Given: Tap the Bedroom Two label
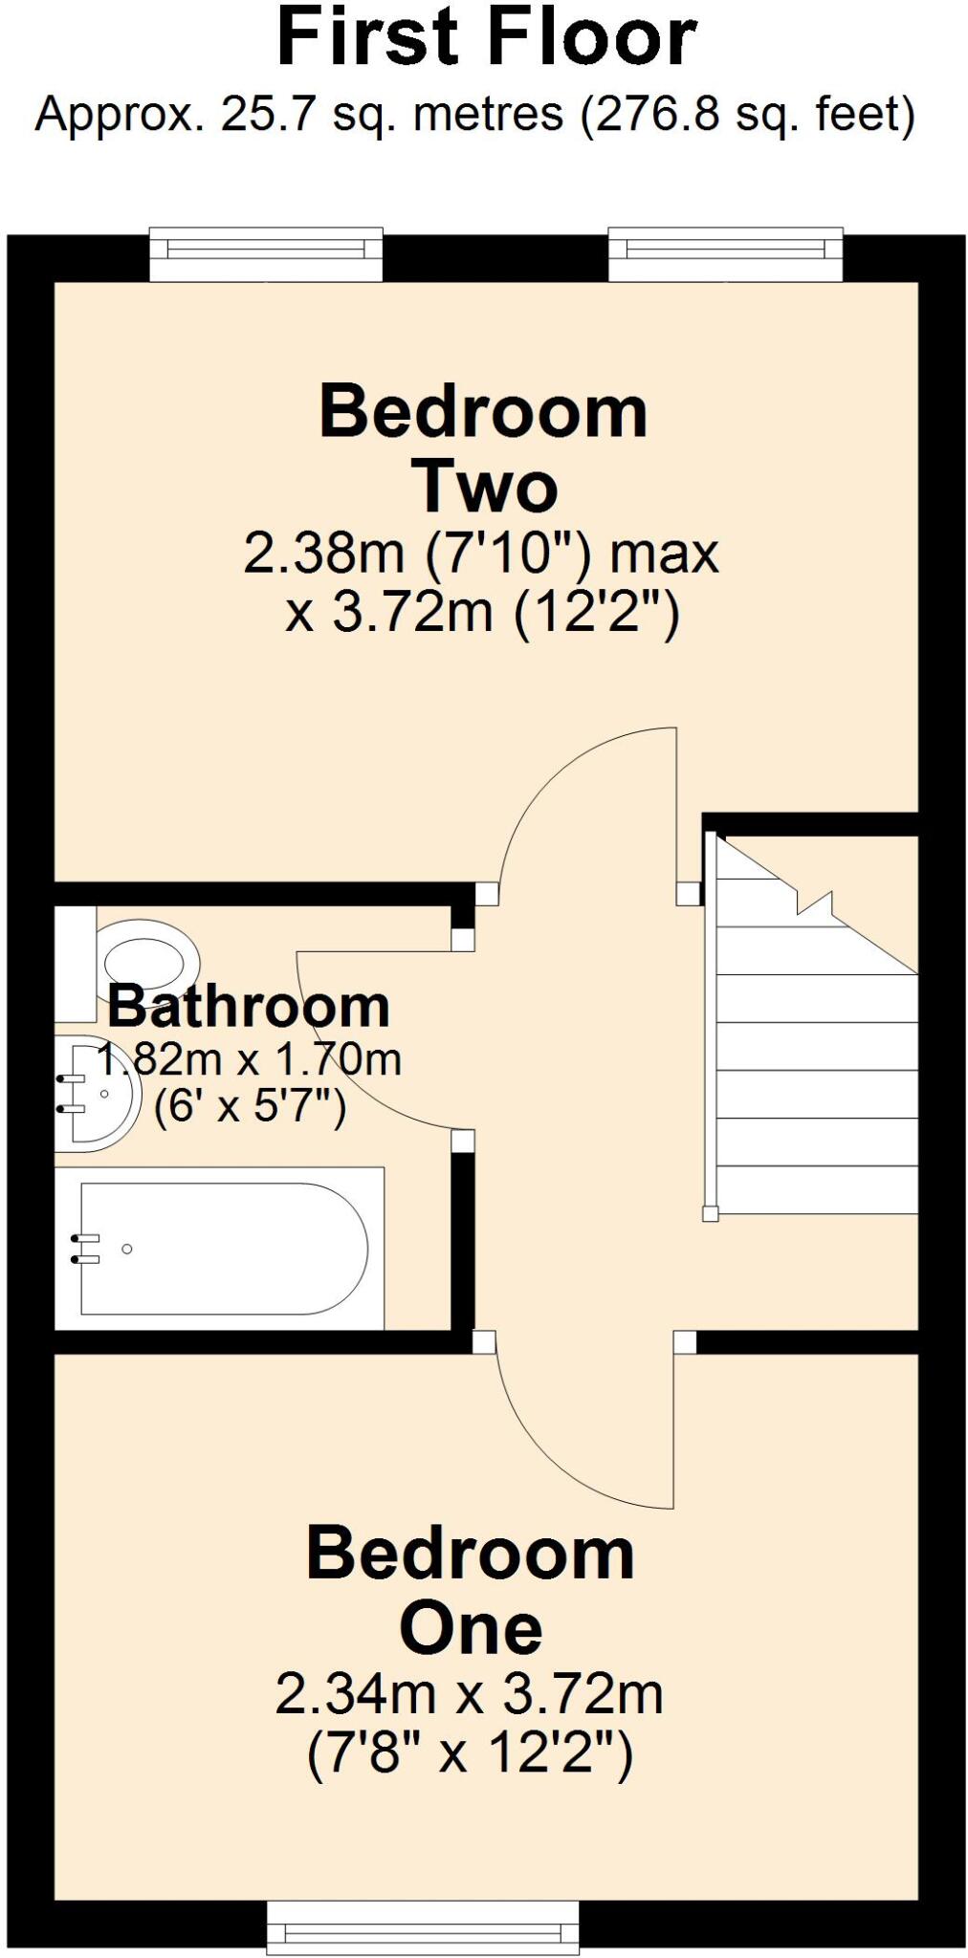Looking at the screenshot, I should coord(483,449).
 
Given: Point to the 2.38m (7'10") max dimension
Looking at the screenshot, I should coord(480,555).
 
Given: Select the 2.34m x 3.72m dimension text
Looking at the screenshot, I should coord(469,1694).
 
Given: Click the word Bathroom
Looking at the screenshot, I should coord(249,1006).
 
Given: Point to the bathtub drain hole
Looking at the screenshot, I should coord(127,1249).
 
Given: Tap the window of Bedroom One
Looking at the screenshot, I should coord(422,1927).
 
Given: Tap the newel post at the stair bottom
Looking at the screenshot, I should coord(711,1213).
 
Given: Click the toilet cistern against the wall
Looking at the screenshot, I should coord(75,964).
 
